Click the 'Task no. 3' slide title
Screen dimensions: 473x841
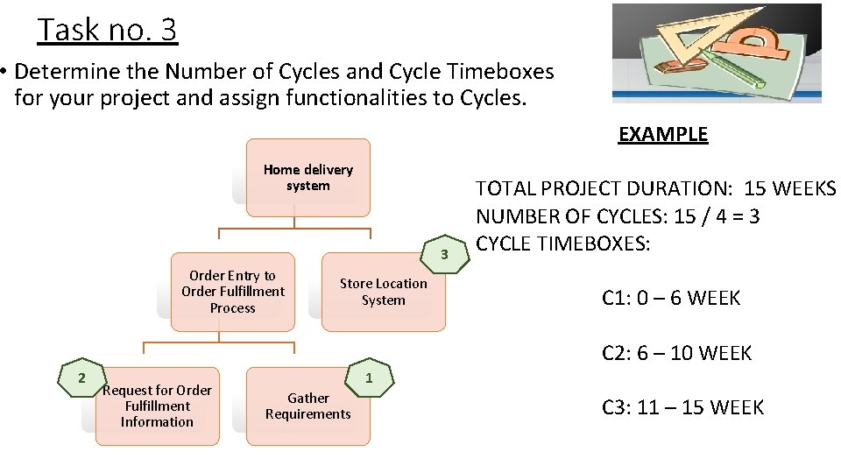point(107,30)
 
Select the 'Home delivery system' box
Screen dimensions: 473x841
point(307,177)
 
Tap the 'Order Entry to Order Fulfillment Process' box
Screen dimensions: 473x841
point(232,292)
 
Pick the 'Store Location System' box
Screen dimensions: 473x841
point(384,292)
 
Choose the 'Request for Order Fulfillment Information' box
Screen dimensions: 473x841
point(158,406)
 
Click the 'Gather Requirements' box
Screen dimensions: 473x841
point(307,406)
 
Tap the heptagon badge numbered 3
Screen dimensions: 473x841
point(444,254)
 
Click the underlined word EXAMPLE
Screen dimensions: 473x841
point(662,134)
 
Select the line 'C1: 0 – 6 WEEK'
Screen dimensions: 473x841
point(670,298)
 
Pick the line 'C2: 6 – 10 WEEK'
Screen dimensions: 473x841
point(676,353)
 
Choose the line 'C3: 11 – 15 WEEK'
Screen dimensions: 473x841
point(682,407)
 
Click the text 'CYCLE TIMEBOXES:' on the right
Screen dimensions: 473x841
point(562,243)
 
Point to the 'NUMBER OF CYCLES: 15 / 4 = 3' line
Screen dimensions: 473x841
point(617,215)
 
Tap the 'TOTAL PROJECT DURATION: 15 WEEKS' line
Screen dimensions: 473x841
point(655,188)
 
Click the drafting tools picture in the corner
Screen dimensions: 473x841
point(716,53)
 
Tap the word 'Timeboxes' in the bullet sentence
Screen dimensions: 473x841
point(502,70)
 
